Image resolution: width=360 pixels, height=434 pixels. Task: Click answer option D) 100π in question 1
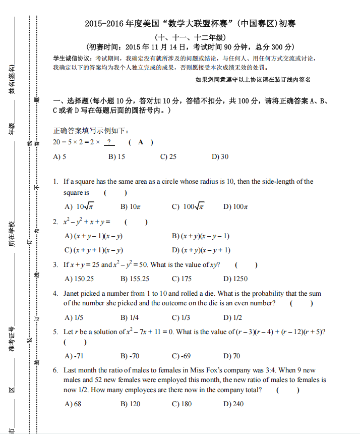coord(235,206)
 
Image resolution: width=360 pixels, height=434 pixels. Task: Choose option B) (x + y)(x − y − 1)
coord(201,236)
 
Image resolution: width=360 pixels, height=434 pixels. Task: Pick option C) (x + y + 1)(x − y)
coord(94,250)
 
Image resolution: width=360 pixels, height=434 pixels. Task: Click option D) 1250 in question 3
coord(235,279)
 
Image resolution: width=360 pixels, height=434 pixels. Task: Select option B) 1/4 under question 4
coord(130,317)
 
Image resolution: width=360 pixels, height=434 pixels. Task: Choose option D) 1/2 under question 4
coord(232,317)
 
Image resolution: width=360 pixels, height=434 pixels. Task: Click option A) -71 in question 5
coord(74,356)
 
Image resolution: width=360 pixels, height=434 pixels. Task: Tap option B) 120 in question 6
coord(131,404)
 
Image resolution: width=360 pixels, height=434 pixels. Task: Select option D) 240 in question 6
coord(233,404)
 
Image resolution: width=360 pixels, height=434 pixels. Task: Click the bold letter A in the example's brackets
coord(141,142)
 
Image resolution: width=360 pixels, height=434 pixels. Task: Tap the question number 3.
coord(55,264)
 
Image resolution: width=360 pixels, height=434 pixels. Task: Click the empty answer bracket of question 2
coord(136,222)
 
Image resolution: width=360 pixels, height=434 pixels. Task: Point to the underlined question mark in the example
coord(108,142)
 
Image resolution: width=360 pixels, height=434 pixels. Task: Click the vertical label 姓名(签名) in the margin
coord(12,79)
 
